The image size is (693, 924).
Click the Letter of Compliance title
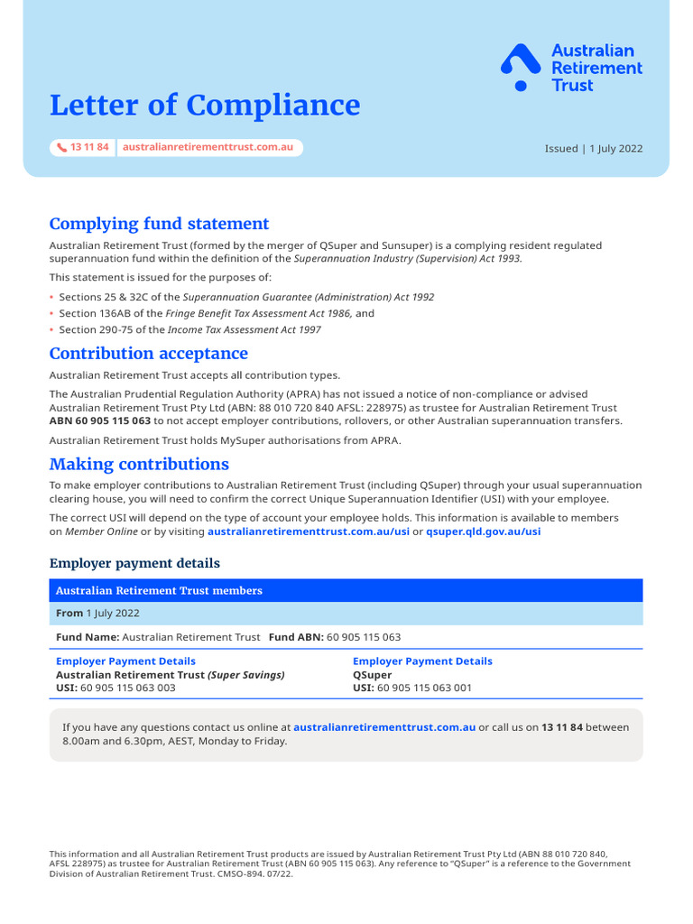(204, 106)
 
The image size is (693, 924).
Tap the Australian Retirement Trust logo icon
(521, 67)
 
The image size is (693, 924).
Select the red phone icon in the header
(61, 147)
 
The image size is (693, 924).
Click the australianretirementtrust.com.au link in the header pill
(208, 147)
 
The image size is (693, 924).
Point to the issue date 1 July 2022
(616, 149)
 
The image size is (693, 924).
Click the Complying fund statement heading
(159, 224)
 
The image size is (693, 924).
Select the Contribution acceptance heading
(148, 354)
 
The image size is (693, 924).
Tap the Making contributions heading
(139, 464)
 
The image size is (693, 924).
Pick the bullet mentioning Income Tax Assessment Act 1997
(189, 329)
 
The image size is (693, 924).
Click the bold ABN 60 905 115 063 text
(100, 420)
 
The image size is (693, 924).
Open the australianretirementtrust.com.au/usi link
(308, 531)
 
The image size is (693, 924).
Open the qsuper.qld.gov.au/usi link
(483, 531)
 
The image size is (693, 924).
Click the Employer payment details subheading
(134, 563)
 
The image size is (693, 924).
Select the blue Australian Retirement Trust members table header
(346, 591)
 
